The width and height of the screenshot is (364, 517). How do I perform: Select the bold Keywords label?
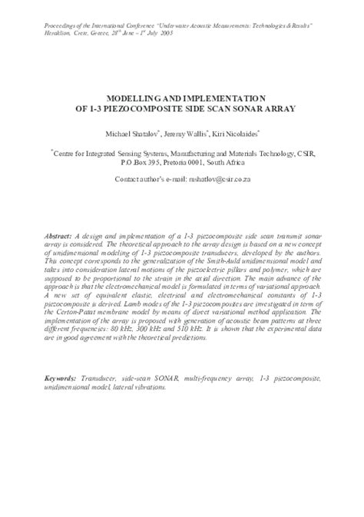click(x=61, y=399)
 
